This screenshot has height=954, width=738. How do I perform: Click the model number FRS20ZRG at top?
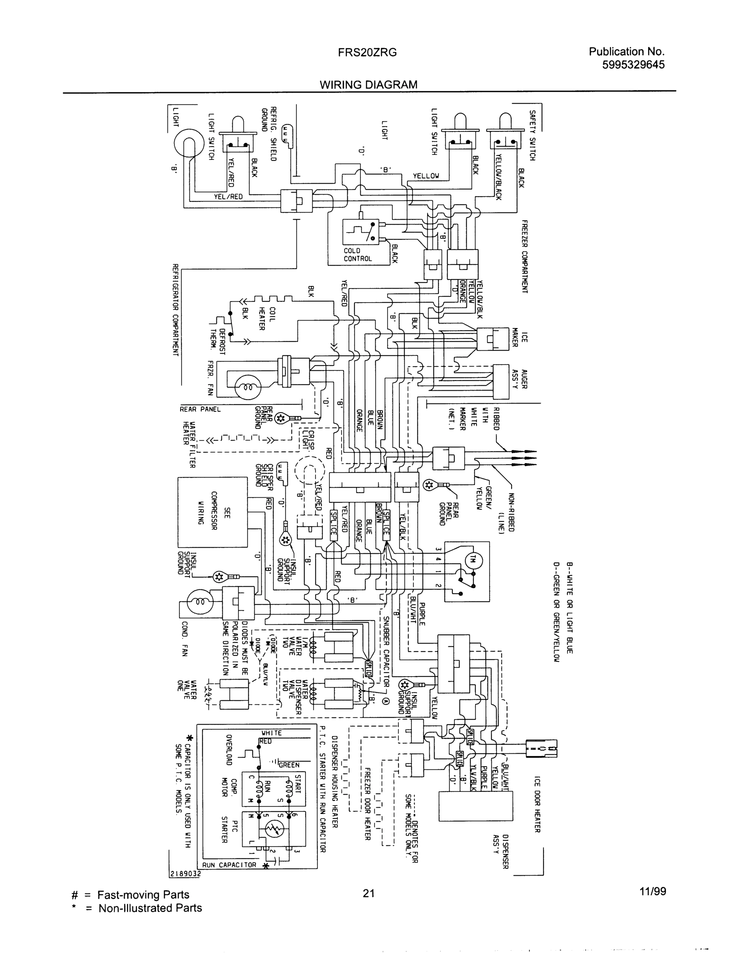[x=367, y=52]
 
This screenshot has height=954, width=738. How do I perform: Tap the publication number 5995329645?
[x=633, y=65]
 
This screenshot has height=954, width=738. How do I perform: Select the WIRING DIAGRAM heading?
[x=368, y=85]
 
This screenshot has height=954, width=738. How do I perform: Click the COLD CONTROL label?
[x=358, y=255]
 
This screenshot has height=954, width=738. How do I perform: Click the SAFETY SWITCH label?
[x=532, y=135]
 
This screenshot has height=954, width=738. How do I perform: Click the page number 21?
[x=368, y=893]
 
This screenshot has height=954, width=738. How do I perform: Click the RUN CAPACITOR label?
[x=229, y=865]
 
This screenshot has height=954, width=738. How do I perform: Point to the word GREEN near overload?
[x=289, y=765]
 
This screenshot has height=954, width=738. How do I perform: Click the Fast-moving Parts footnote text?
[x=143, y=895]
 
